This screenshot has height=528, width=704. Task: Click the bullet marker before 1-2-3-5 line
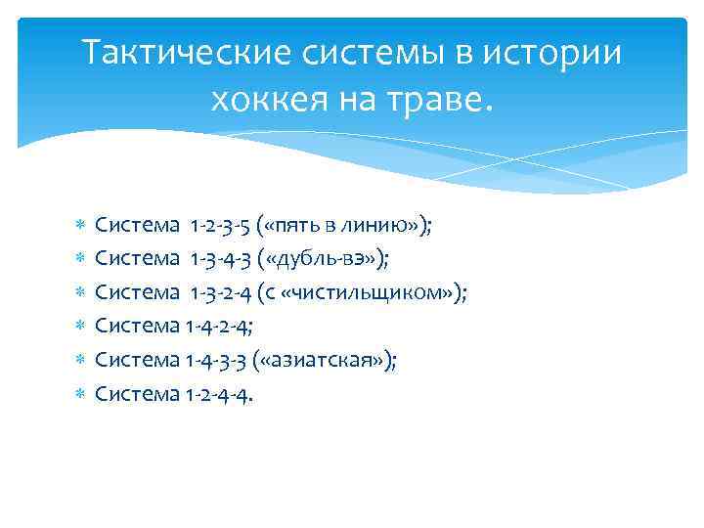coord(81,226)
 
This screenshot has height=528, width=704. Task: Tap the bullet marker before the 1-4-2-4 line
coord(81,328)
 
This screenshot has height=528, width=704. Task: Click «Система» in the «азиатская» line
coord(137,360)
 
